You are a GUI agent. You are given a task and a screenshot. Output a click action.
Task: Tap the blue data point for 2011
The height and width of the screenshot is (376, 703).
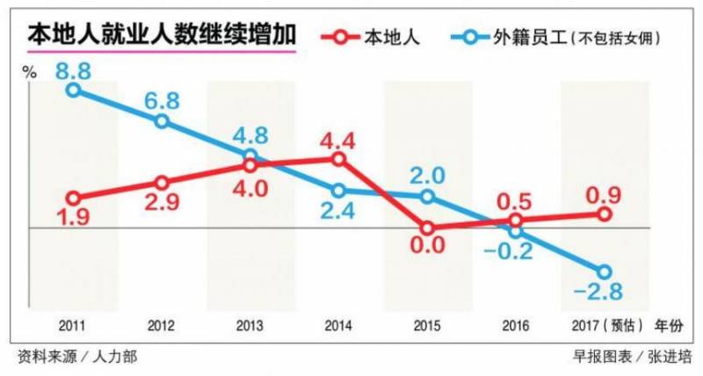74,89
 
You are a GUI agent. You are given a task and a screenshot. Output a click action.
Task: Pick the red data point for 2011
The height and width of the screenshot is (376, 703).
74,199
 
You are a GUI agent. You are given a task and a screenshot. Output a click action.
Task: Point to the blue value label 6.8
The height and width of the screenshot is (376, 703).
162,98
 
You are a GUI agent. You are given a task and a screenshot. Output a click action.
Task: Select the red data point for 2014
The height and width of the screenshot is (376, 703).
338,159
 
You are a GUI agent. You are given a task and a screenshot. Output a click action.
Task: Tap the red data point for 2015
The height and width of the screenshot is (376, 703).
427,228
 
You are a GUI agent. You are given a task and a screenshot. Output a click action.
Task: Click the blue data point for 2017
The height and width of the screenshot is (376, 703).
604,271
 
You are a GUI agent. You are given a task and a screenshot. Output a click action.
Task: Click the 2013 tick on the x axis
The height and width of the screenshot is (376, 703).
250,326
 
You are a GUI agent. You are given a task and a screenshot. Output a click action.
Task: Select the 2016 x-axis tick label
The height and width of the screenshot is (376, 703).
515,326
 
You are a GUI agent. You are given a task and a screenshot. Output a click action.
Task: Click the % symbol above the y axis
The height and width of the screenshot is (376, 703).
29,72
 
